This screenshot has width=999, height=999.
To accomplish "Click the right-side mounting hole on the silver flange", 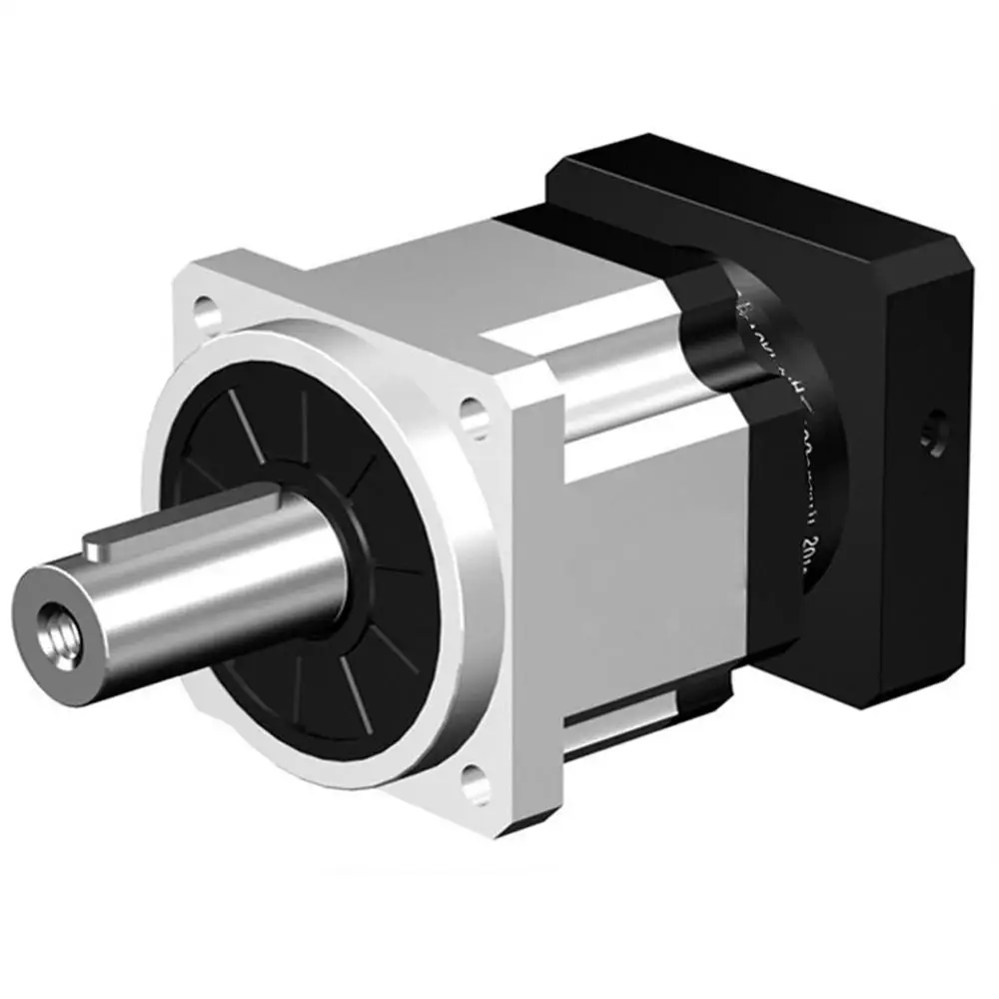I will coord(474,413).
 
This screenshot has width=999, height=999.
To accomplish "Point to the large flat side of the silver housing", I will coord(649,559).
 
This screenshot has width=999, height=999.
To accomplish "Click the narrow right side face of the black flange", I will coord(929,499).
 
